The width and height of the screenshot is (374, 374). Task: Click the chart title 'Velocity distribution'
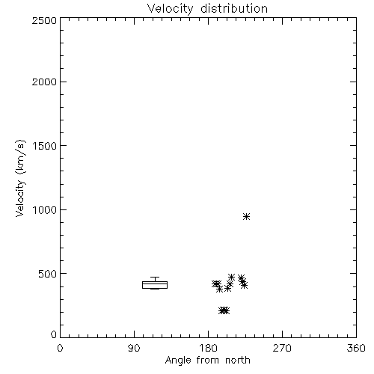click(x=207, y=9)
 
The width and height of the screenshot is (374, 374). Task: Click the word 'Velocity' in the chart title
click(x=170, y=9)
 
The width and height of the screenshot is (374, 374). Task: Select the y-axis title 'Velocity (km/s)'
click(x=20, y=178)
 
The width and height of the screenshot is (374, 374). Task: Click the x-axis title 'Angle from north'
click(x=208, y=360)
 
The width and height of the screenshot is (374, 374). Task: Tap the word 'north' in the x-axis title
click(x=238, y=360)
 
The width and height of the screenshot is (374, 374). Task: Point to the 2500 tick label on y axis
click(x=44, y=20)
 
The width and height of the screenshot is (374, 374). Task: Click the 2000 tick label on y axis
click(x=44, y=82)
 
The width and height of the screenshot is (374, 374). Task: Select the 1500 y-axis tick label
click(x=45, y=146)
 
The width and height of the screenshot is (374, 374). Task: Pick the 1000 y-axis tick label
click(x=45, y=209)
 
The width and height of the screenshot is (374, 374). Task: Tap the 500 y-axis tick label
click(x=47, y=274)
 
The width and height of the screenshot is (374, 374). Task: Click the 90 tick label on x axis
click(x=134, y=348)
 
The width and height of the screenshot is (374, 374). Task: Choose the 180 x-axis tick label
click(x=208, y=348)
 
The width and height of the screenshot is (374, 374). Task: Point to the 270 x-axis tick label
click(x=282, y=348)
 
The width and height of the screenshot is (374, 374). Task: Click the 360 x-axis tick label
click(x=356, y=348)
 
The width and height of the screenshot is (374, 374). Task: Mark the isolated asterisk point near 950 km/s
click(x=246, y=216)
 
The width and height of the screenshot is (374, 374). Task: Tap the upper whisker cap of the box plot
click(x=155, y=277)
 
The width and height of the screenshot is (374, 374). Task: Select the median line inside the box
click(x=155, y=283)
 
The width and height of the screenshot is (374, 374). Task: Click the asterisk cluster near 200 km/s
click(x=224, y=310)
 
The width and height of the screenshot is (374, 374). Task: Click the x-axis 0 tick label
click(x=60, y=348)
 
